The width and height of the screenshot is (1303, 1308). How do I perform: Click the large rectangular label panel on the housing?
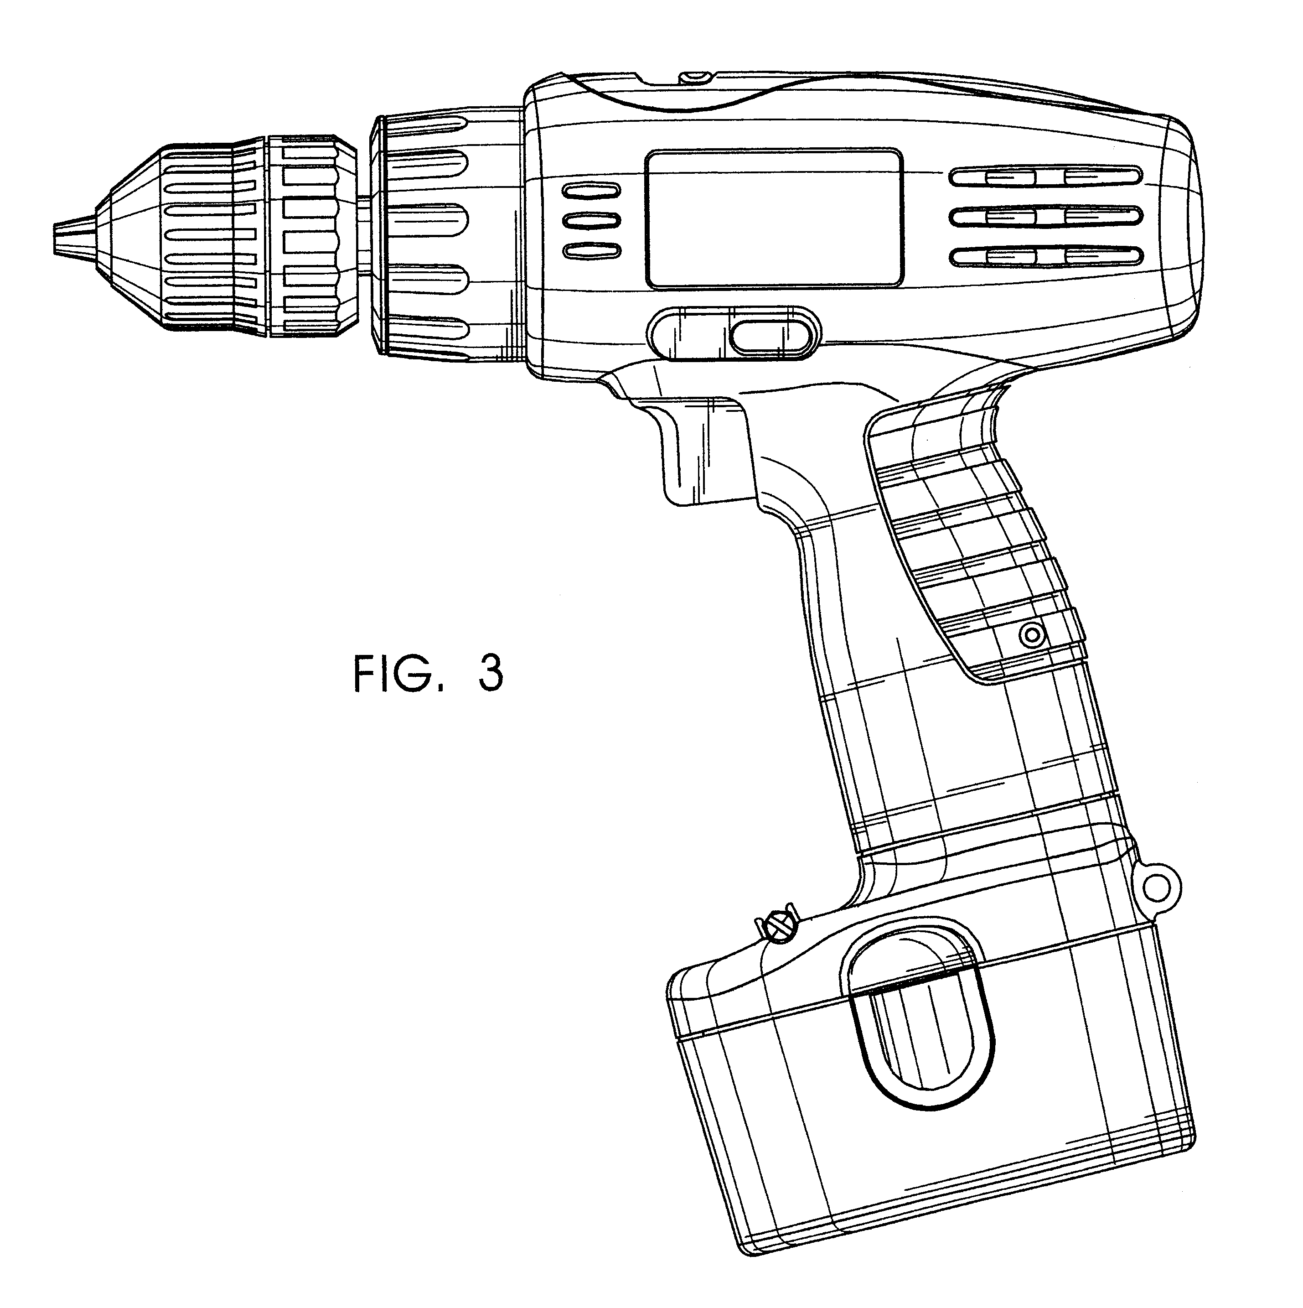click(x=774, y=218)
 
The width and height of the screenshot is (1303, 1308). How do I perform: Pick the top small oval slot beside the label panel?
click(x=592, y=191)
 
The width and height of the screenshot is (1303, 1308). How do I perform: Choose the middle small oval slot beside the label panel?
click(x=592, y=221)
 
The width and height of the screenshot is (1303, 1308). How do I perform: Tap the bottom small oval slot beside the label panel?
click(x=592, y=250)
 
